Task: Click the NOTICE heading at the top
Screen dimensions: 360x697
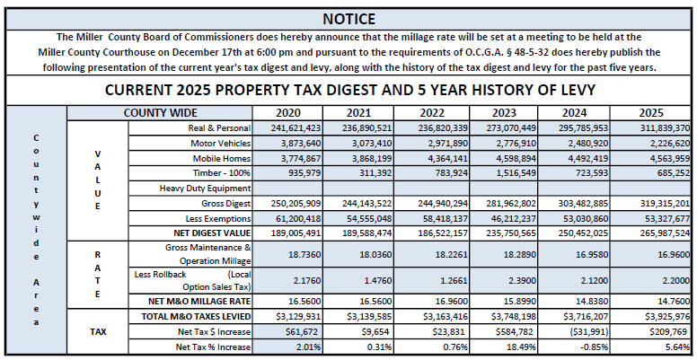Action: click(348, 18)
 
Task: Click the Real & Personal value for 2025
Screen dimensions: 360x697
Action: click(664, 128)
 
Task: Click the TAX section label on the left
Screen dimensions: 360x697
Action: click(98, 331)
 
